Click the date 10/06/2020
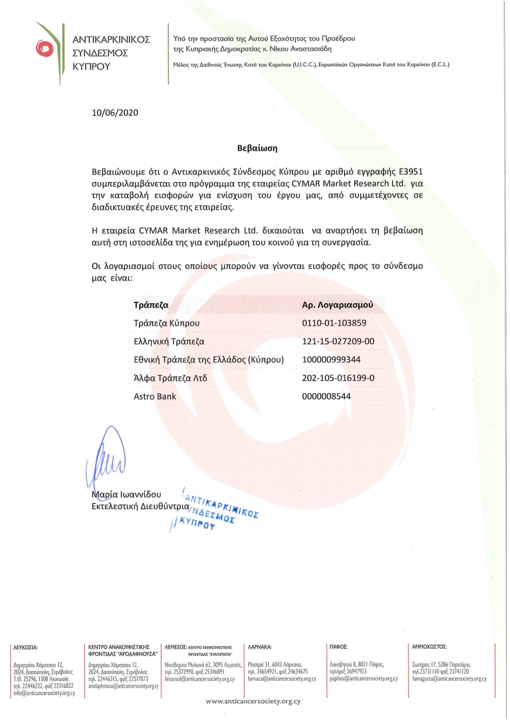click(x=115, y=113)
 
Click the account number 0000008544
click(x=326, y=396)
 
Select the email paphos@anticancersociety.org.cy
click(x=363, y=679)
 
